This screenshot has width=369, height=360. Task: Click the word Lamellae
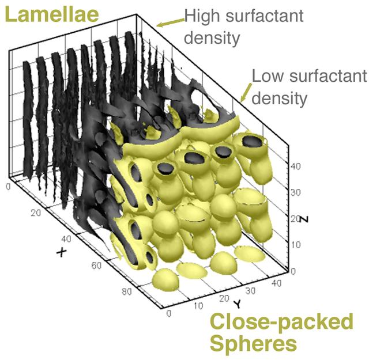pyautogui.click(x=51, y=14)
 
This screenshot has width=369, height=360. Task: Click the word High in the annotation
pyautogui.click(x=202, y=17)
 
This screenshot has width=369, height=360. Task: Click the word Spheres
pyautogui.click(x=253, y=344)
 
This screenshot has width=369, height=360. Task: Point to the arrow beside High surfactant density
pyautogui.click(x=171, y=23)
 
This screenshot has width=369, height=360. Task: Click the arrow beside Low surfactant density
pyautogui.click(x=246, y=93)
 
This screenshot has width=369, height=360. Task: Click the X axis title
pyautogui.click(x=62, y=252)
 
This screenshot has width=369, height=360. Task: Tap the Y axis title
pyautogui.click(x=238, y=304)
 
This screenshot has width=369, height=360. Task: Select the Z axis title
pyautogui.click(x=304, y=219)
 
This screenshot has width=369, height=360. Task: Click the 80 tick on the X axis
pyautogui.click(x=127, y=292)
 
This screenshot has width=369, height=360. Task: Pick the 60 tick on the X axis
pyautogui.click(x=96, y=266)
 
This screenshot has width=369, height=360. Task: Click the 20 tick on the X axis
pyautogui.click(x=36, y=213)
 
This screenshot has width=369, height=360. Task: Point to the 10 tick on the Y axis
pyautogui.click(x=198, y=306)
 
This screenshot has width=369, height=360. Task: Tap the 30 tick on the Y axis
pyautogui.click(x=250, y=291)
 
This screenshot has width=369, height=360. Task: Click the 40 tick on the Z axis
pyautogui.click(x=296, y=166)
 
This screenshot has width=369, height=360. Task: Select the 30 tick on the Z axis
pyautogui.click(x=296, y=193)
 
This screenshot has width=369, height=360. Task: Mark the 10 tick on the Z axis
pyautogui.click(x=296, y=245)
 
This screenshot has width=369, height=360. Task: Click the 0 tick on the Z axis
pyautogui.click(x=293, y=272)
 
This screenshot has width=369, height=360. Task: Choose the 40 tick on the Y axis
pyautogui.click(x=277, y=283)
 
